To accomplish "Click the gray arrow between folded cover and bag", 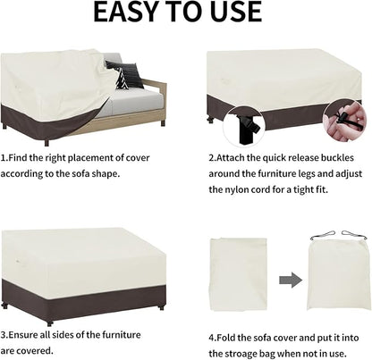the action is [291, 280].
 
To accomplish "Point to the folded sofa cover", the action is [239, 274].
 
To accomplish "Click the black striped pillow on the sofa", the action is [124, 74].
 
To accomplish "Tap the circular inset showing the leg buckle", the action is [243, 126].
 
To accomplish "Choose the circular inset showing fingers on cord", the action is [345, 121].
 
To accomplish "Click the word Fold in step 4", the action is [226, 338].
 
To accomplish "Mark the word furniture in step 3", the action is [122, 335].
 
